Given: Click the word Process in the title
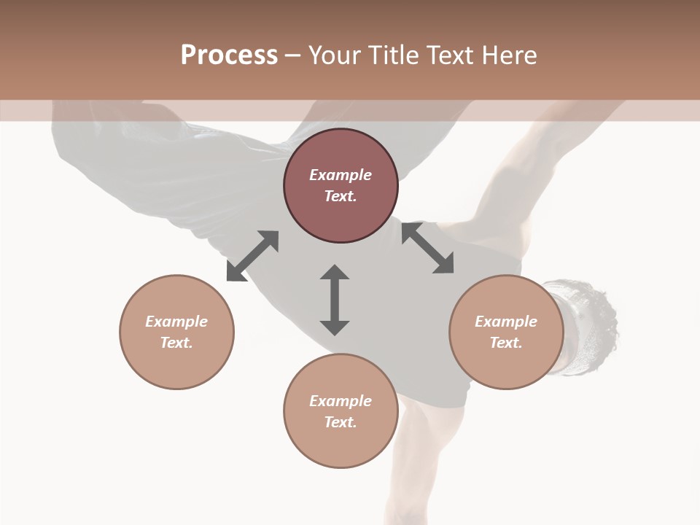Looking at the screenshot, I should tap(229, 55).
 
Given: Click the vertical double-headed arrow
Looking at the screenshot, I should tap(335, 300).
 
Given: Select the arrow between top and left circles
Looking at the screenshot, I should tap(252, 256).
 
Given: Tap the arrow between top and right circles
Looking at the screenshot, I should tap(427, 248).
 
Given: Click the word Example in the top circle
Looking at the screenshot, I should tap(341, 175).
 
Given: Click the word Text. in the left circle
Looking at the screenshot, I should tap(176, 343).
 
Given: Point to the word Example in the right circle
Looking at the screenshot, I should tap(506, 322).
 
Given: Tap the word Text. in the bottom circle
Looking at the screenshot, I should tap(341, 422).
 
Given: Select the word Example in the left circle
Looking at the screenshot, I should tap(176, 322).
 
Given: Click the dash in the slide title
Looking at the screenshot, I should tap(292, 55).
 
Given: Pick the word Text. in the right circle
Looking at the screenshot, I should tap(506, 343).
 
